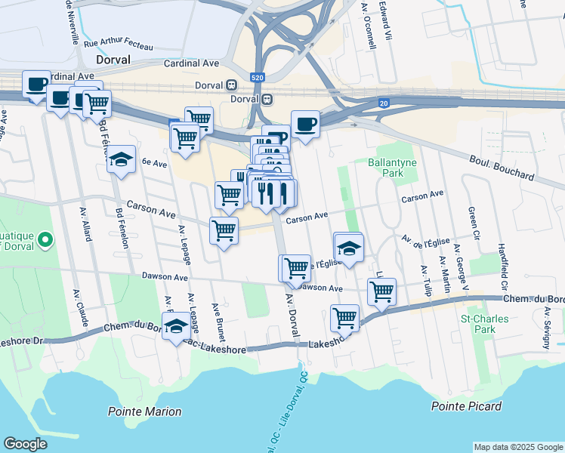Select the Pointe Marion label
tap(144, 411)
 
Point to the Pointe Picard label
tap(466, 406)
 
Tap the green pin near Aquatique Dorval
tap(45, 240)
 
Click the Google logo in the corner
tap(25, 443)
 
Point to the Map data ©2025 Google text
tap(517, 447)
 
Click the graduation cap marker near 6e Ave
tap(120, 160)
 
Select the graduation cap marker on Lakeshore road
tap(175, 326)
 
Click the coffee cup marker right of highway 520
tap(305, 124)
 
